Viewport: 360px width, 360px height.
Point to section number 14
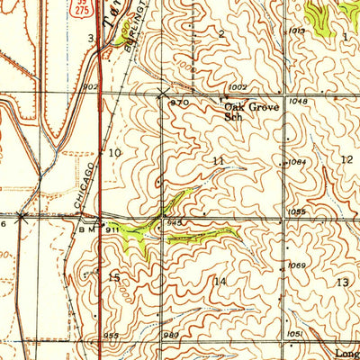coord(219,282)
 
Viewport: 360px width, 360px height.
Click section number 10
coord(114,154)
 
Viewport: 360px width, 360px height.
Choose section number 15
coord(114,278)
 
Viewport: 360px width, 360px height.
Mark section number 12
coord(346,158)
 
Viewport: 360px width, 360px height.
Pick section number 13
coord(342,283)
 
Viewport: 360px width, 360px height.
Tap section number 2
coord(221,33)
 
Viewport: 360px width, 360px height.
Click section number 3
coord(91,38)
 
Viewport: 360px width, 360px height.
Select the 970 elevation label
coord(178,103)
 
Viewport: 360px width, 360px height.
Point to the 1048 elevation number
coord(299,102)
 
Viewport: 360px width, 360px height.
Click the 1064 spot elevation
coord(295,162)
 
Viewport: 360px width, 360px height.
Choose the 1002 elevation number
coord(238,86)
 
